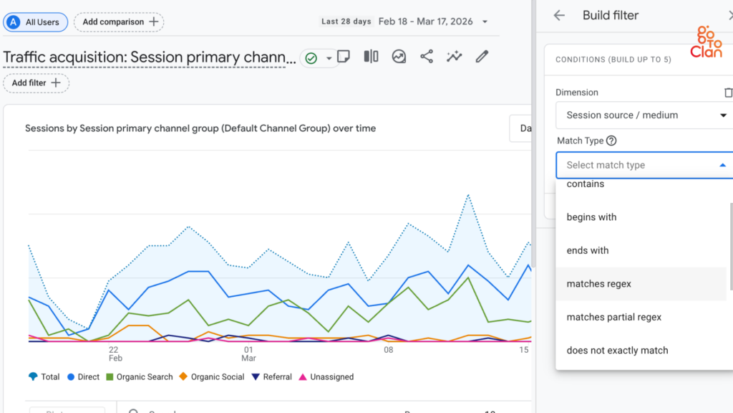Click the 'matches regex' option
click(599, 284)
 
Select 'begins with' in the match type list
click(591, 217)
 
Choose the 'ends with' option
click(588, 250)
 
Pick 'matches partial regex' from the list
click(613, 317)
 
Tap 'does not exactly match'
click(617, 351)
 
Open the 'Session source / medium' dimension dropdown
click(644, 115)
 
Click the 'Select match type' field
click(644, 165)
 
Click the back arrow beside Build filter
click(559, 16)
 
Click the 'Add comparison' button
click(119, 22)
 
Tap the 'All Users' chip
click(36, 22)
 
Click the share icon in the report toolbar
click(427, 57)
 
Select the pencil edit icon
click(482, 57)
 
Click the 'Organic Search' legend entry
click(140, 377)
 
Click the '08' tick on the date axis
click(389, 350)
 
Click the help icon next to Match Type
click(611, 141)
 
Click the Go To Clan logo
click(706, 42)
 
